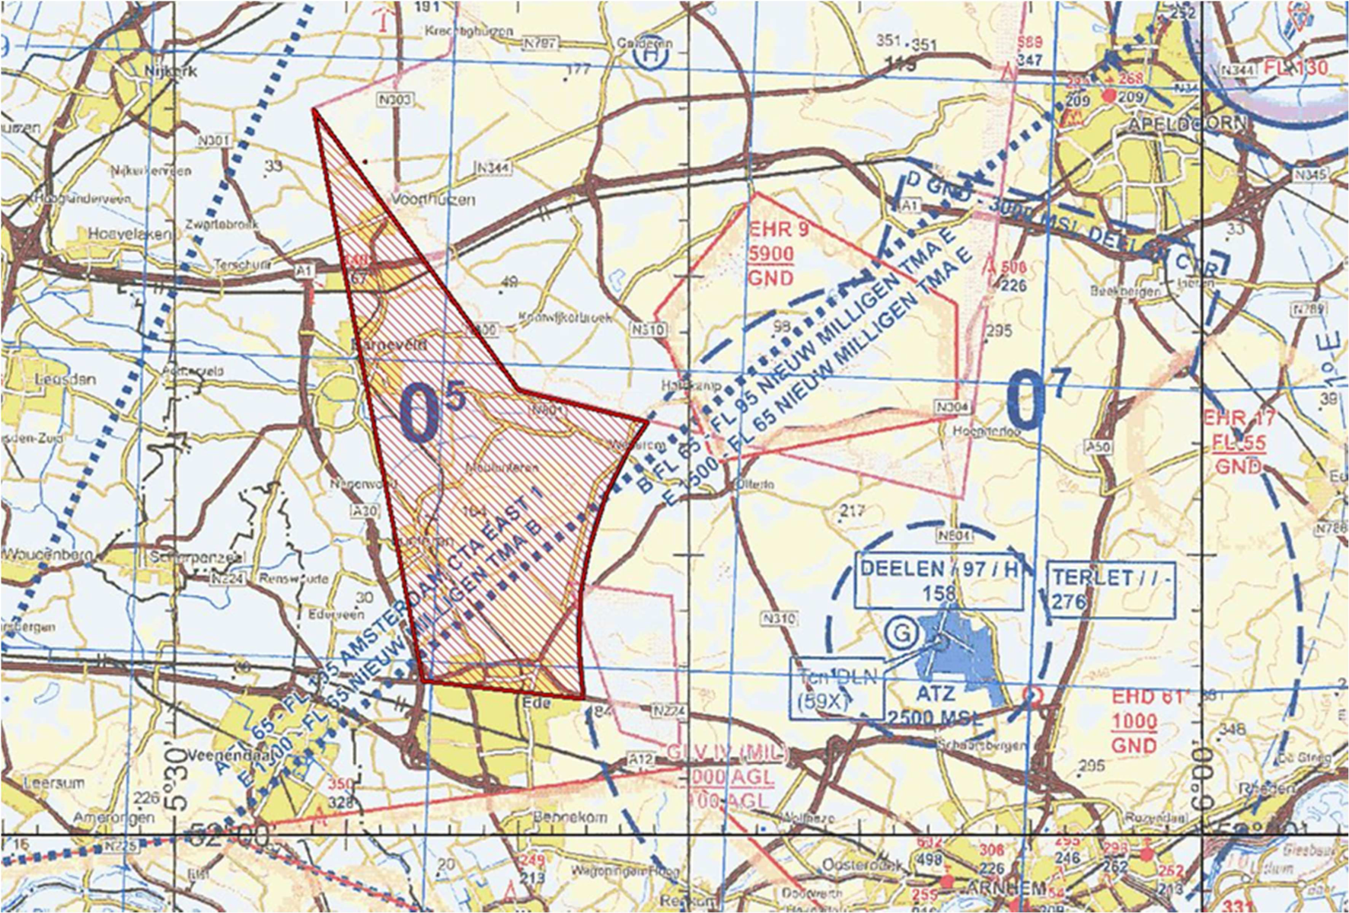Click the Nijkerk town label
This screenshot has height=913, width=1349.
click(x=171, y=71)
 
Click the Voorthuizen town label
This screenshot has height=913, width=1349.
click(x=433, y=200)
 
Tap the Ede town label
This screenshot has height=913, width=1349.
click(x=537, y=702)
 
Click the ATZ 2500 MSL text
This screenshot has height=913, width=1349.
click(x=934, y=705)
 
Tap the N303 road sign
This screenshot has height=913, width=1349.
click(x=394, y=100)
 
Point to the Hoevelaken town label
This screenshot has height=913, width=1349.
click(x=128, y=235)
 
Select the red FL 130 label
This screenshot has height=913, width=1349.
click(x=1296, y=69)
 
